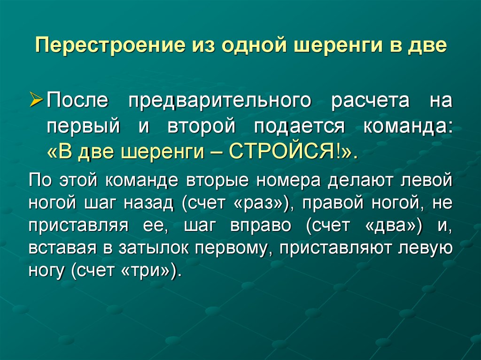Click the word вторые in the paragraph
click(209, 179)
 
